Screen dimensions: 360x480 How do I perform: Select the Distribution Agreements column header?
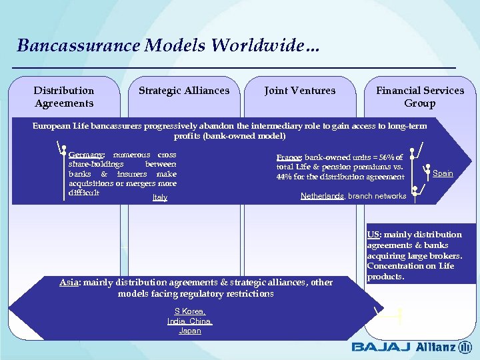pos(64,97)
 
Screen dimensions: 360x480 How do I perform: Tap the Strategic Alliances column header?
pos(183,91)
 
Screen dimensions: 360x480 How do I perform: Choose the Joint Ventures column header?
pos(300,91)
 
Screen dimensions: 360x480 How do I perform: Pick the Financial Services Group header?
pos(419,97)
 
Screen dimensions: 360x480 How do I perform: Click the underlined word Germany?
pos(85,154)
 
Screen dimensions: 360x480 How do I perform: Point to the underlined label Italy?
pos(160,197)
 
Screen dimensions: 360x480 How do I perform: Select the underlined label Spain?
pos(443,173)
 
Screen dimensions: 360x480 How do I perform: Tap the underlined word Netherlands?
pos(321,196)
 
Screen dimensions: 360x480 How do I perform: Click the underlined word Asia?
pos(69,282)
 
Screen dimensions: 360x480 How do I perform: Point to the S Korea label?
pos(190,311)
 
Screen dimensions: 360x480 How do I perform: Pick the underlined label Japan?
pos(190,331)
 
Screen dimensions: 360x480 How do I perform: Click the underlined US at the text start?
pos(373,235)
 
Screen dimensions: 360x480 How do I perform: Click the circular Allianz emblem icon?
pos(465,347)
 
